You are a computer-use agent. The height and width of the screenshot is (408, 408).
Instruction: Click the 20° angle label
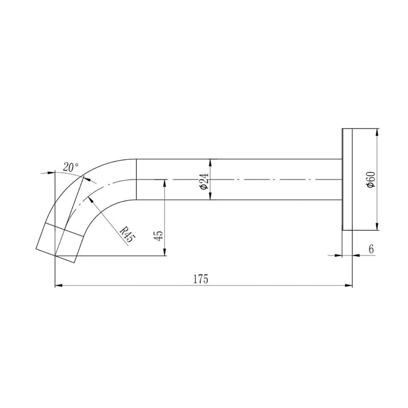click(71, 167)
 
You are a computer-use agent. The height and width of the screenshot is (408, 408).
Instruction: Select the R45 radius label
click(128, 233)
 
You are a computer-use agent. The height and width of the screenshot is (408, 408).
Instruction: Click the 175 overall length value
click(201, 279)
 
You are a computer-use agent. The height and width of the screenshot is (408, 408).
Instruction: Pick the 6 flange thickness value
click(371, 249)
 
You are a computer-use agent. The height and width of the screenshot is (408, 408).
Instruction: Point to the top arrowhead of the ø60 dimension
click(377, 131)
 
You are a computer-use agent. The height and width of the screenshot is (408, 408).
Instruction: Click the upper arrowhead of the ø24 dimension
click(210, 161)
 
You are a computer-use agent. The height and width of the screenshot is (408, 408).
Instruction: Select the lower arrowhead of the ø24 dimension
click(210, 197)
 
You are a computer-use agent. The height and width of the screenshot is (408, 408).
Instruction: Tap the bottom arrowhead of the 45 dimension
click(164, 253)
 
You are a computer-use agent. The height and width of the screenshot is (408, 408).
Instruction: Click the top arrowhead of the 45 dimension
click(164, 182)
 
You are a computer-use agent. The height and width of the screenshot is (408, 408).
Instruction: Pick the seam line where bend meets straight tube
click(136, 179)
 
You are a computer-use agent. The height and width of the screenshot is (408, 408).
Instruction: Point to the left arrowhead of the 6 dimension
click(340, 256)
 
